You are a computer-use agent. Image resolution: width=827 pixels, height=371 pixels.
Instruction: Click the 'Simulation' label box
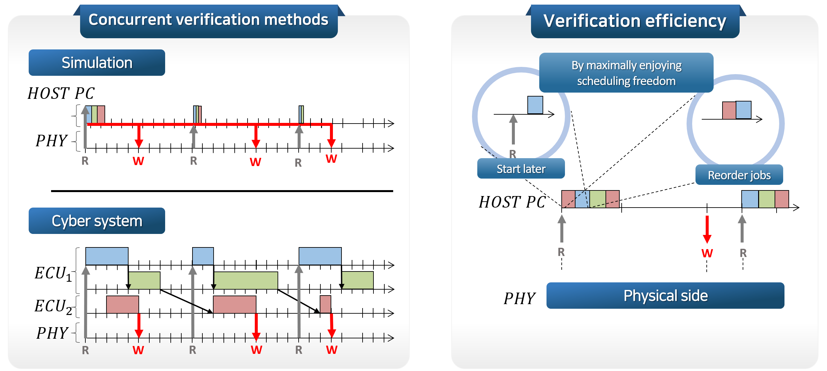[x=97, y=63]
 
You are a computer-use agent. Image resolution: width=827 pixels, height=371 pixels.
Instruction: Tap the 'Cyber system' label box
[x=97, y=221]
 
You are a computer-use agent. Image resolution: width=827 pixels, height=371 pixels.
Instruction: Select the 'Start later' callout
[x=521, y=169]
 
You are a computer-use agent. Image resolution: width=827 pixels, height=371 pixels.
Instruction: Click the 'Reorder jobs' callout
[x=739, y=175]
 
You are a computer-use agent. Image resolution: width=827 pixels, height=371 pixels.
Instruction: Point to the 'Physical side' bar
[x=665, y=296]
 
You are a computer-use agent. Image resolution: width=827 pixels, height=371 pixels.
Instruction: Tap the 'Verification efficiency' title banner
[x=635, y=21]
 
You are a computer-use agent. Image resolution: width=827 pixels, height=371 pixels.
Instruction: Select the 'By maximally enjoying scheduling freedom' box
[x=626, y=73]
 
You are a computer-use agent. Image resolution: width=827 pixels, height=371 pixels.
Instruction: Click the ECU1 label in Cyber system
[x=53, y=273]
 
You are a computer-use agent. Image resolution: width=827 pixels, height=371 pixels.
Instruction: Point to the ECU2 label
[x=53, y=306]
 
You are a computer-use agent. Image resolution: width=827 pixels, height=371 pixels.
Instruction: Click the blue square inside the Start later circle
[x=535, y=105]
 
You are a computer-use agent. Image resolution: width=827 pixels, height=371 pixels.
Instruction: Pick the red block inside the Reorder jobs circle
[x=729, y=110]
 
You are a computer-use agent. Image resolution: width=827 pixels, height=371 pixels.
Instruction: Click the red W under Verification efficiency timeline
[x=707, y=253]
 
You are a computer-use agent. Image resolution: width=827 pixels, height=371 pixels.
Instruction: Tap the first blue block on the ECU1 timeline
[x=107, y=256]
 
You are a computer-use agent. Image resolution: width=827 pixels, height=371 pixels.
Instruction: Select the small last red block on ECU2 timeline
[x=325, y=304]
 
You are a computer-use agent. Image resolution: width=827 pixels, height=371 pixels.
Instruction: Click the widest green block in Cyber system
[x=246, y=280]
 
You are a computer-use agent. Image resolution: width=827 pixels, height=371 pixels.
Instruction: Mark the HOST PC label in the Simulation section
[x=61, y=93]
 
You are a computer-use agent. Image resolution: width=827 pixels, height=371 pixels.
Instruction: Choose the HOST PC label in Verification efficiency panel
[x=512, y=202]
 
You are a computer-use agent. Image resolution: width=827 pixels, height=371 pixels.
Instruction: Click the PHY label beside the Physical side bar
[x=519, y=299]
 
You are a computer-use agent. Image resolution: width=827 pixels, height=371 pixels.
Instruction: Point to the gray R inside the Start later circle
[x=513, y=154]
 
